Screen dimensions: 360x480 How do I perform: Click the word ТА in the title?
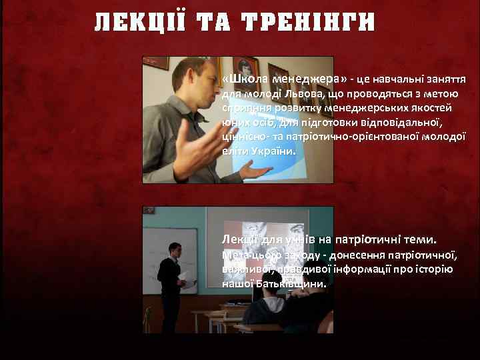click(216, 23)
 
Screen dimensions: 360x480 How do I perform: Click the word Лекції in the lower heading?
click(237, 239)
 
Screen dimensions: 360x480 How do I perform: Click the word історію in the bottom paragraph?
click(436, 269)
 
